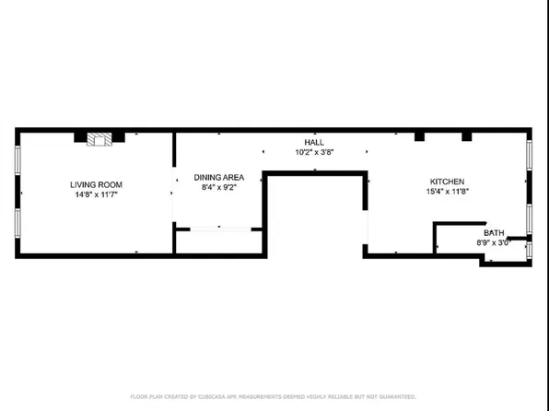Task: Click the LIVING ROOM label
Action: [x=97, y=184]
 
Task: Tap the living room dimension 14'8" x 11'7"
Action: [x=97, y=194]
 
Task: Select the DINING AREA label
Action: [x=219, y=177]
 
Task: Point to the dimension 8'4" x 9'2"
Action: [x=219, y=187]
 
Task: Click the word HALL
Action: [x=314, y=142]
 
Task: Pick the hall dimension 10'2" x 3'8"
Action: [x=314, y=152]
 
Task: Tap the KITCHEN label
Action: [x=447, y=182]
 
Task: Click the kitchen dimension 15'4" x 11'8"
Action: [x=447, y=192]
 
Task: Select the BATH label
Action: [x=494, y=232]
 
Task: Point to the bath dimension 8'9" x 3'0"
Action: [x=493, y=242]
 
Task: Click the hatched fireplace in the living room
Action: [x=99, y=139]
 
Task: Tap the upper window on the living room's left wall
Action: [x=18, y=159]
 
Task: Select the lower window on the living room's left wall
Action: [x=18, y=223]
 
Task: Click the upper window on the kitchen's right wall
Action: [x=529, y=155]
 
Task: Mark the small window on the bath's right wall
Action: [x=529, y=250]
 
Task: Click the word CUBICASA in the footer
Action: [x=214, y=397]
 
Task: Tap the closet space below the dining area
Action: [x=219, y=241]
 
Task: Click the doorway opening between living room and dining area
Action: [x=174, y=194]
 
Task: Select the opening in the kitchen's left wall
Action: [x=365, y=227]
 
